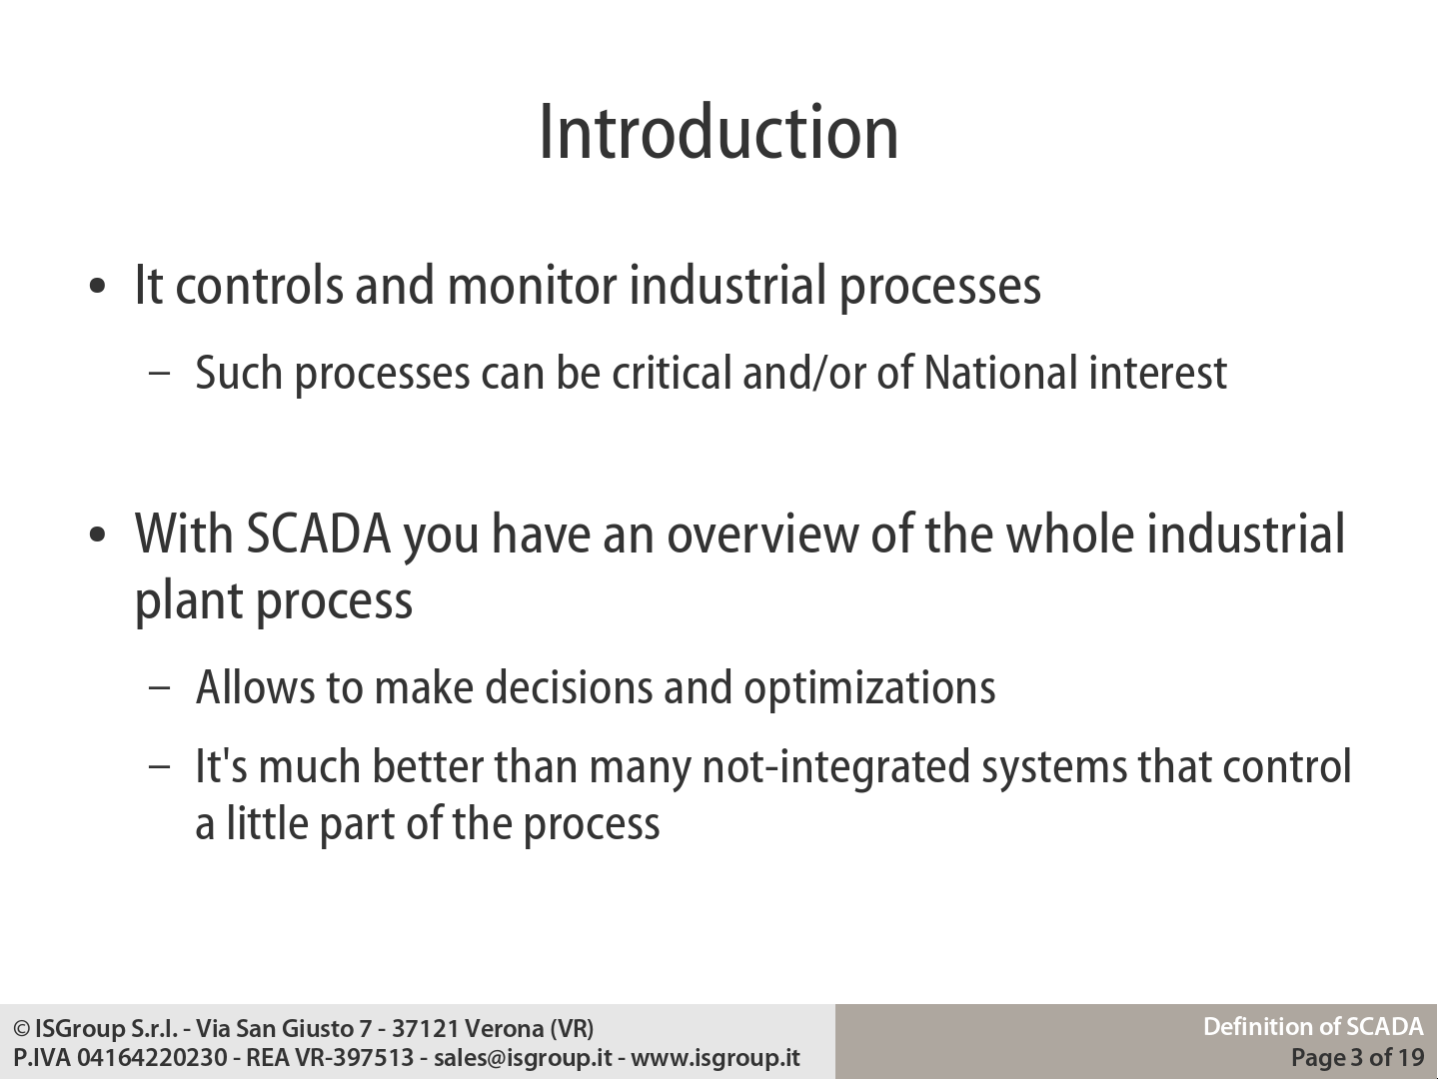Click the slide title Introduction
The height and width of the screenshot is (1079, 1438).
coord(719,132)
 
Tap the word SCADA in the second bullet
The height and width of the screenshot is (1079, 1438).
coord(319,535)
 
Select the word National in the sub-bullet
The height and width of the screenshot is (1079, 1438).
coord(1000,373)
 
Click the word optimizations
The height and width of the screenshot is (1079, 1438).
coord(869,688)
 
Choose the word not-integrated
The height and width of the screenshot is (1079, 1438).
coord(836,766)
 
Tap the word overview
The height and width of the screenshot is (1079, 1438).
coord(762,535)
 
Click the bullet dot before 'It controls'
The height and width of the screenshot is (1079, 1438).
coord(97,286)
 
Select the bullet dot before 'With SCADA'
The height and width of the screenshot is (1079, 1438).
coord(97,535)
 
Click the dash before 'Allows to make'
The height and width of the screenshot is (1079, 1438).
coord(159,688)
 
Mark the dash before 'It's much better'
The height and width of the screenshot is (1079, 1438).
coord(159,766)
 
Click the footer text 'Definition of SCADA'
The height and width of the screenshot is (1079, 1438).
coord(1313,1027)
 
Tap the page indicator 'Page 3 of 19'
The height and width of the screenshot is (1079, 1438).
coord(1357,1057)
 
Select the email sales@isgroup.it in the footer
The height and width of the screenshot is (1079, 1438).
coord(523,1057)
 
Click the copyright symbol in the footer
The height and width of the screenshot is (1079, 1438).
coord(22,1029)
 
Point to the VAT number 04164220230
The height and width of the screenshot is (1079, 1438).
coord(152,1057)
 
